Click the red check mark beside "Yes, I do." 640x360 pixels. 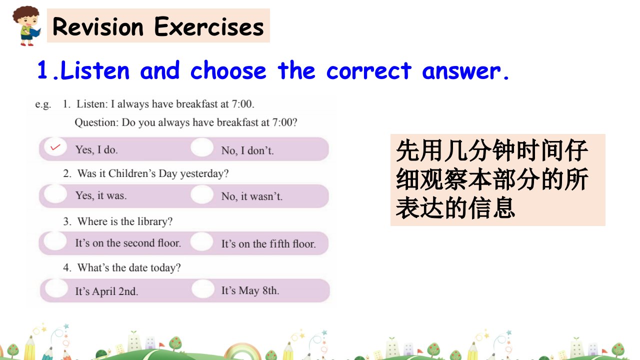coord(55,147)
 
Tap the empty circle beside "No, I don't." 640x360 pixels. coord(202,147)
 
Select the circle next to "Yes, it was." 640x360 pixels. coord(55,193)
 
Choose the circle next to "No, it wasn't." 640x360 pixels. coord(202,194)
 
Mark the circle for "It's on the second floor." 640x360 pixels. coord(55,241)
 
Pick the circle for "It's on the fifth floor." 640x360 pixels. coord(201,241)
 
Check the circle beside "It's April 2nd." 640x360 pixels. coord(56,288)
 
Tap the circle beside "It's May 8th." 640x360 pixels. coord(203,288)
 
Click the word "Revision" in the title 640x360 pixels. coord(98,27)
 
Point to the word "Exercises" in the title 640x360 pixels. coord(209,26)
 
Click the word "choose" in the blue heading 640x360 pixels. coord(228,70)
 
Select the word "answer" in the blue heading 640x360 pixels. coord(462,71)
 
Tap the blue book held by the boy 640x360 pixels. coord(35,32)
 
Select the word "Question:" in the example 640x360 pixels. coord(96,122)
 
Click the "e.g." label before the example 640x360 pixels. coord(43,104)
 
